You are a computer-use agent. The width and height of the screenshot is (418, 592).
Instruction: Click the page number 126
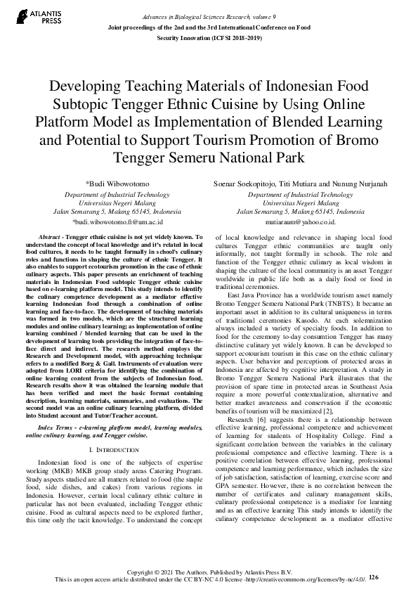(373, 577)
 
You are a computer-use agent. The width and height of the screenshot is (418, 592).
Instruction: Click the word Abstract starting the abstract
(51, 238)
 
